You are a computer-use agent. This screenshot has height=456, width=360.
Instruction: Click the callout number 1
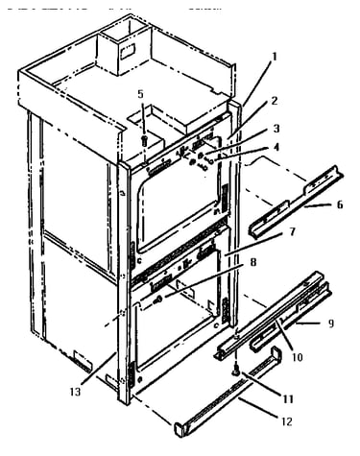tap(274, 57)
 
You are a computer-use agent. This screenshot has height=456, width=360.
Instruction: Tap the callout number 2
tap(274, 101)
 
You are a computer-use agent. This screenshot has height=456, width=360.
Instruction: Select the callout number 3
tap(276, 129)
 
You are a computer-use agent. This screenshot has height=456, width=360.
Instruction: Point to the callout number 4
tap(276, 147)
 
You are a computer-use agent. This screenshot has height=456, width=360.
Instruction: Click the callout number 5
tap(141, 94)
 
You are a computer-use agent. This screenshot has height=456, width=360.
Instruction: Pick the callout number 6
tap(340, 204)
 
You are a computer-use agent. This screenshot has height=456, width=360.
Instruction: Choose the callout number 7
tap(292, 231)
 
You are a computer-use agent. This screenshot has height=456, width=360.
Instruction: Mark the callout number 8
tap(253, 262)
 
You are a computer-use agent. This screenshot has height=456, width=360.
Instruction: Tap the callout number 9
tap(331, 324)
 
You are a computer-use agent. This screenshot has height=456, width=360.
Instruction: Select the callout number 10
tap(298, 356)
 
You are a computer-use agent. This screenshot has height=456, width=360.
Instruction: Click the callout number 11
tap(288, 399)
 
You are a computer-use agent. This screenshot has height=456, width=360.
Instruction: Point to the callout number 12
tap(287, 421)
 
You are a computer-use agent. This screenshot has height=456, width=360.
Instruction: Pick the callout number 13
tap(76, 392)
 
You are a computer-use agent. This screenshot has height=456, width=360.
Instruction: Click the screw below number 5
tap(144, 140)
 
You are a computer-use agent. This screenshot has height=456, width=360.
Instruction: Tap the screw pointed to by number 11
tap(237, 372)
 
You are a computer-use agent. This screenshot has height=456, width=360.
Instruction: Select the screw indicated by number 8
tap(158, 300)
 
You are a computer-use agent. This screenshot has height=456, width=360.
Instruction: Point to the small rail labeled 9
tap(290, 317)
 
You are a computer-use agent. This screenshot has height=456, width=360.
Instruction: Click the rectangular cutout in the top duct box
tap(128, 52)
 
